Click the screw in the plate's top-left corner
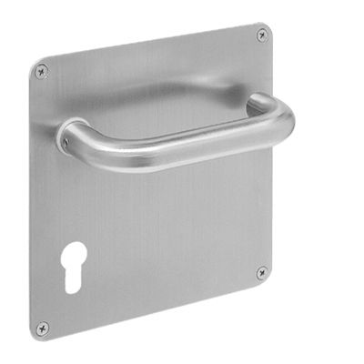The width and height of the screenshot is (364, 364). click(x=41, y=70)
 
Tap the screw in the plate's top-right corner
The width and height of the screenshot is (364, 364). click(x=262, y=35)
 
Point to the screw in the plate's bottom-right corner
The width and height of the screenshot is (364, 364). click(x=261, y=271)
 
